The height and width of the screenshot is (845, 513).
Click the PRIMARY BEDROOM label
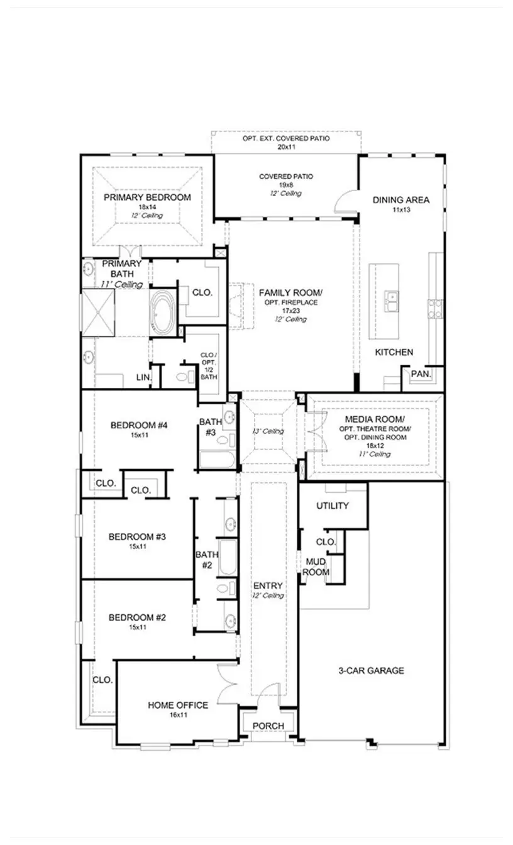coord(147,197)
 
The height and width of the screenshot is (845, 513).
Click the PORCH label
coord(268,726)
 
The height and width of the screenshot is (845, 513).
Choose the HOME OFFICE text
coord(178,705)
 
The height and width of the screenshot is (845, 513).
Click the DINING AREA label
coord(401,200)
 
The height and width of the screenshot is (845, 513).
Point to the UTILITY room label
coord(333,505)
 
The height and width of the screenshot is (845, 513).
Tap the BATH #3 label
coord(210,427)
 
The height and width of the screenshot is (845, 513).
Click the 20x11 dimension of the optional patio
coord(287,146)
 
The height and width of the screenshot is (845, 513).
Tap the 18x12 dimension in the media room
coord(375,445)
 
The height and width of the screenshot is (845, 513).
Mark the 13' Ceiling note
coord(268,431)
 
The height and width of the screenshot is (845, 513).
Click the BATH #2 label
coord(206,560)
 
